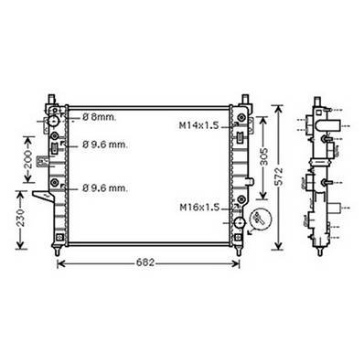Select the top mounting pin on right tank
[x=246, y=96]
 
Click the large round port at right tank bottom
[x=240, y=221]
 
